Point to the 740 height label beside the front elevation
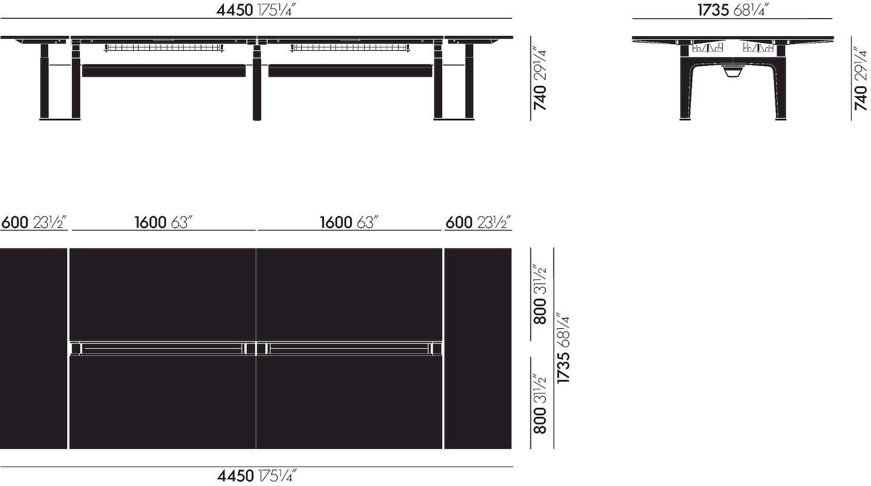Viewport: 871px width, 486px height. pyautogui.click(x=540, y=79)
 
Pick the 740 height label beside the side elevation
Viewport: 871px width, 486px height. pyautogui.click(x=861, y=79)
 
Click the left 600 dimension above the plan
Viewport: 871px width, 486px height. pyautogui.click(x=33, y=222)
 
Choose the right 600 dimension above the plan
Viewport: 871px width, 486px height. pyautogui.click(x=478, y=222)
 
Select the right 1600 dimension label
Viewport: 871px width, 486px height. pyautogui.click(x=349, y=222)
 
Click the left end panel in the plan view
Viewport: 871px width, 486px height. pyautogui.click(x=33, y=348)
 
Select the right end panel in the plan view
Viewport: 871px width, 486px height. pyautogui.click(x=478, y=348)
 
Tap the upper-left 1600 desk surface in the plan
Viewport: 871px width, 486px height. pyautogui.click(x=163, y=294)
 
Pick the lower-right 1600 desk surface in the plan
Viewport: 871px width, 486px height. pyautogui.click(x=349, y=403)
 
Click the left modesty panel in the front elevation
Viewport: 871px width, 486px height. pyautogui.click(x=164, y=71)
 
